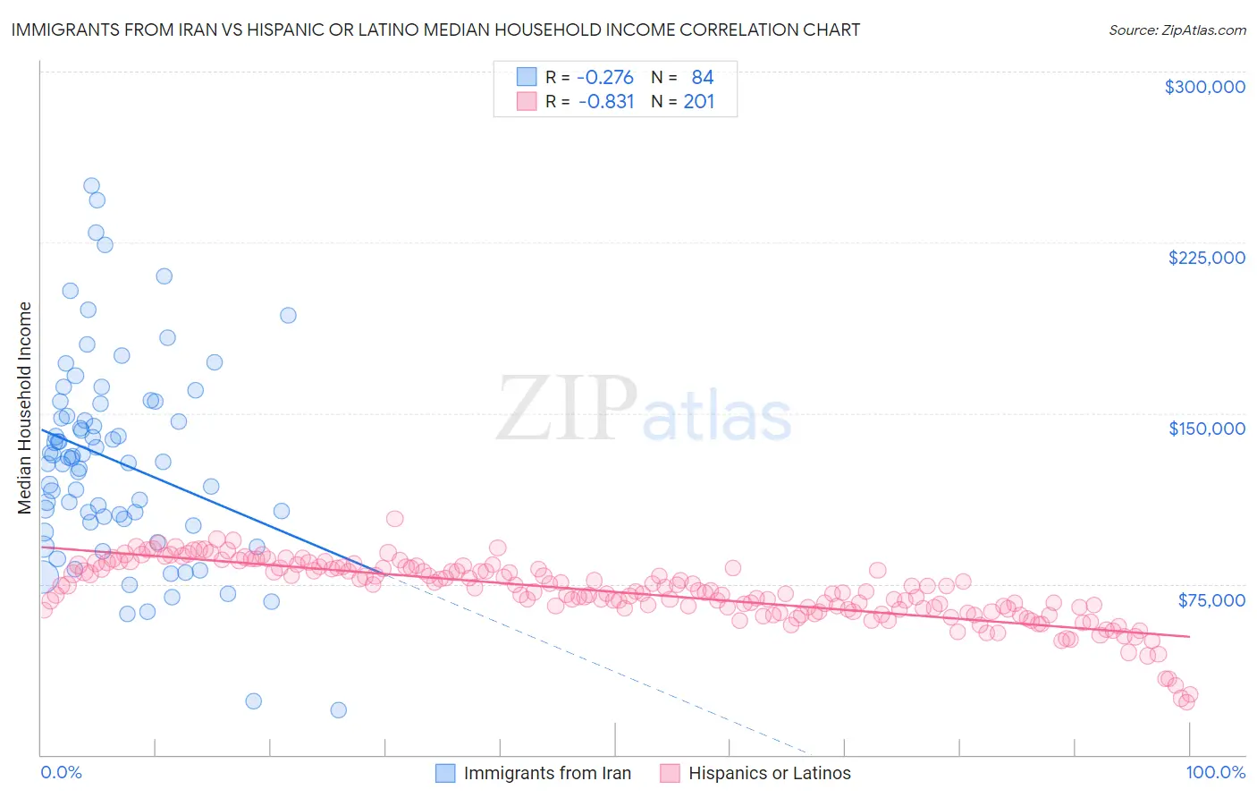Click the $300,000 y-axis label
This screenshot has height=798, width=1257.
pyautogui.click(x=1204, y=87)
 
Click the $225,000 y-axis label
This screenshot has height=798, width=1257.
pyautogui.click(x=1206, y=258)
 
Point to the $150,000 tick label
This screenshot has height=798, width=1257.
pyautogui.click(x=1206, y=429)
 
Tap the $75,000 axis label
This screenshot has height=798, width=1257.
pyautogui.click(x=1211, y=599)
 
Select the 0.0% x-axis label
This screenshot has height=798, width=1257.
pyautogui.click(x=61, y=772)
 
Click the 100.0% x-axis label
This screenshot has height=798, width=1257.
pyautogui.click(x=1215, y=772)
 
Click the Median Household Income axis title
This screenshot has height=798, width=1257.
pyautogui.click(x=24, y=408)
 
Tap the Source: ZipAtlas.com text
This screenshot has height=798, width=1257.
pyautogui.click(x=1177, y=30)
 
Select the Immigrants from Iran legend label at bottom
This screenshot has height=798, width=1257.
pyautogui.click(x=547, y=773)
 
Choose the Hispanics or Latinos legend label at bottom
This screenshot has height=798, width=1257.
pyautogui.click(x=769, y=773)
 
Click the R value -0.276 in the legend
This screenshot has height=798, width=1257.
pyautogui.click(x=605, y=77)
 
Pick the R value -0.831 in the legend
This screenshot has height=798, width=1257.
pyautogui.click(x=606, y=101)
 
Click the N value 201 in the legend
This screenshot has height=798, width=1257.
pyautogui.click(x=699, y=101)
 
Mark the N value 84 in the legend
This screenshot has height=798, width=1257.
pyautogui.click(x=702, y=77)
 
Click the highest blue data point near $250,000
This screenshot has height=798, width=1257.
pyautogui.click(x=91, y=186)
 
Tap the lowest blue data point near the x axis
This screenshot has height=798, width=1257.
pyautogui.click(x=338, y=709)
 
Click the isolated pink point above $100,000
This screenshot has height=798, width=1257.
pyautogui.click(x=394, y=519)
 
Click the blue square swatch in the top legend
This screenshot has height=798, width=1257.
pyautogui.click(x=527, y=77)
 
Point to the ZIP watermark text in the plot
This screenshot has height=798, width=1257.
pyautogui.click(x=567, y=410)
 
